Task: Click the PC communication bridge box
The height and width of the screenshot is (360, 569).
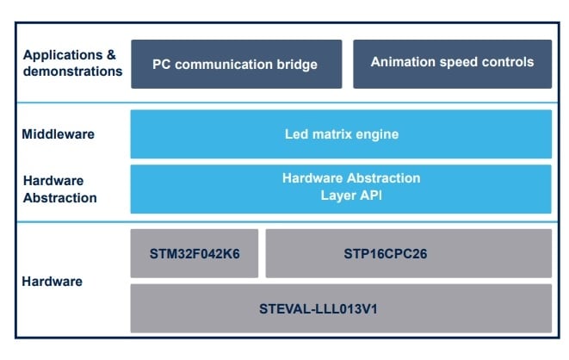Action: point(236,64)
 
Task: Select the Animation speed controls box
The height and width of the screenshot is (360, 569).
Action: point(452,64)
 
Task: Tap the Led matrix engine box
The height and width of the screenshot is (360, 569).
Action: point(341,134)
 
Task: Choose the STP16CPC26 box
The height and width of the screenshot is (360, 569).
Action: point(408,253)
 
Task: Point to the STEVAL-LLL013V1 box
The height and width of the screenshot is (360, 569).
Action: point(341,307)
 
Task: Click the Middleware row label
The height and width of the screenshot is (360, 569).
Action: point(59,134)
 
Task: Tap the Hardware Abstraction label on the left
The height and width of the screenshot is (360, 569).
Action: point(59,189)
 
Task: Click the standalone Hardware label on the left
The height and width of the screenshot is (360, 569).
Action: point(53,281)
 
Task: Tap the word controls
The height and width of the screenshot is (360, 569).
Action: point(508,62)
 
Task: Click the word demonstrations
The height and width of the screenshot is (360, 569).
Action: point(72,71)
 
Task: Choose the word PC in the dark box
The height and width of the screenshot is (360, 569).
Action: point(161,65)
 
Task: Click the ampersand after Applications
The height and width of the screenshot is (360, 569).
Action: point(110,55)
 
